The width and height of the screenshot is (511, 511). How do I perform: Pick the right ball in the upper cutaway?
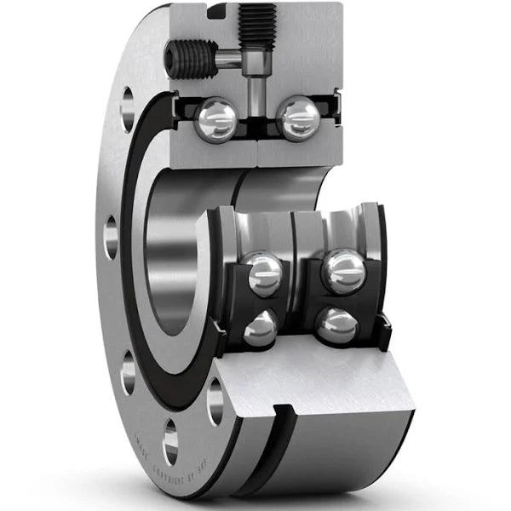tap(298, 118)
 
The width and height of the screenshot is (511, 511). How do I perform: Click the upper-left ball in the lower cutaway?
tap(264, 275)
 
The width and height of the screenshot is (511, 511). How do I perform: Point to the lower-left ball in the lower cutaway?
tap(260, 328)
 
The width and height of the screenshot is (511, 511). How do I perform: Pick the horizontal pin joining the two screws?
tap(228, 59)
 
